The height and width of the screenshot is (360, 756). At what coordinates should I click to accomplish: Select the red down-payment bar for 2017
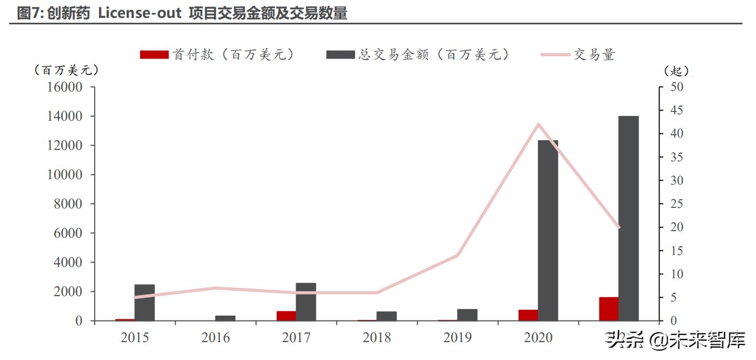pyautogui.click(x=286, y=316)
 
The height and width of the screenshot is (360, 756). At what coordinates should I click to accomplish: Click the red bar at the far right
pyautogui.click(x=608, y=309)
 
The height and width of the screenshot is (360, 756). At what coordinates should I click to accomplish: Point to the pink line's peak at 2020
pyautogui.click(x=538, y=125)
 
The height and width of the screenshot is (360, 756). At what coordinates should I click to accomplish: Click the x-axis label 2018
pyautogui.click(x=377, y=338)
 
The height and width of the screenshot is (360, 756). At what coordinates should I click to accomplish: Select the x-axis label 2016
pyautogui.click(x=216, y=338)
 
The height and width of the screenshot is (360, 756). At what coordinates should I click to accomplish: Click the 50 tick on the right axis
pyautogui.click(x=677, y=87)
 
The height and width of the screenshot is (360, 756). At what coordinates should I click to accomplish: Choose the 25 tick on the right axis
pyautogui.click(x=677, y=204)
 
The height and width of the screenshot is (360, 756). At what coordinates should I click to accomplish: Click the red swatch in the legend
pyautogui.click(x=154, y=55)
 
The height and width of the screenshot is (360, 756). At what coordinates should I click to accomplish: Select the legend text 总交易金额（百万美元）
pyautogui.click(x=433, y=55)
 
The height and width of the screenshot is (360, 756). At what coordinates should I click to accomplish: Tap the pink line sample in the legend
pyautogui.click(x=556, y=55)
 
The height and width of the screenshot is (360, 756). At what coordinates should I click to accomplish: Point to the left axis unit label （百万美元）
pyautogui.click(x=66, y=70)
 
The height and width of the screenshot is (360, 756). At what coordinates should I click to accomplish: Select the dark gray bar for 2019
pyautogui.click(x=467, y=315)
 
